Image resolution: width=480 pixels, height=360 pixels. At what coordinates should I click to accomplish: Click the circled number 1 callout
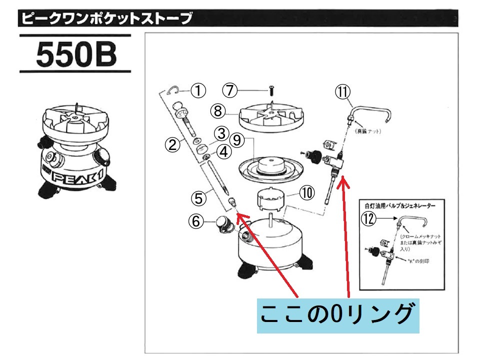pyautogui.click(x=198, y=90)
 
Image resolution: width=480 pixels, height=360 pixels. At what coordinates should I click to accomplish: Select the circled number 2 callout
pyautogui.click(x=172, y=145)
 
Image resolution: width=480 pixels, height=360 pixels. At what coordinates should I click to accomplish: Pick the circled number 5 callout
pyautogui.click(x=198, y=198)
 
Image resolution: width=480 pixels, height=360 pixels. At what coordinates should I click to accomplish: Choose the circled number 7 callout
pyautogui.click(x=229, y=90)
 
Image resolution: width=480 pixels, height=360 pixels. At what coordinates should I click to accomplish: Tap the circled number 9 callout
pyautogui.click(x=237, y=140)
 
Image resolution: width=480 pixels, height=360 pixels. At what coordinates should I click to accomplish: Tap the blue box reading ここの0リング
pyautogui.click(x=337, y=314)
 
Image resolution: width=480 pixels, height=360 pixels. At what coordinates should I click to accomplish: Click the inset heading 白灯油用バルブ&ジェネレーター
pyautogui.click(x=400, y=205)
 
